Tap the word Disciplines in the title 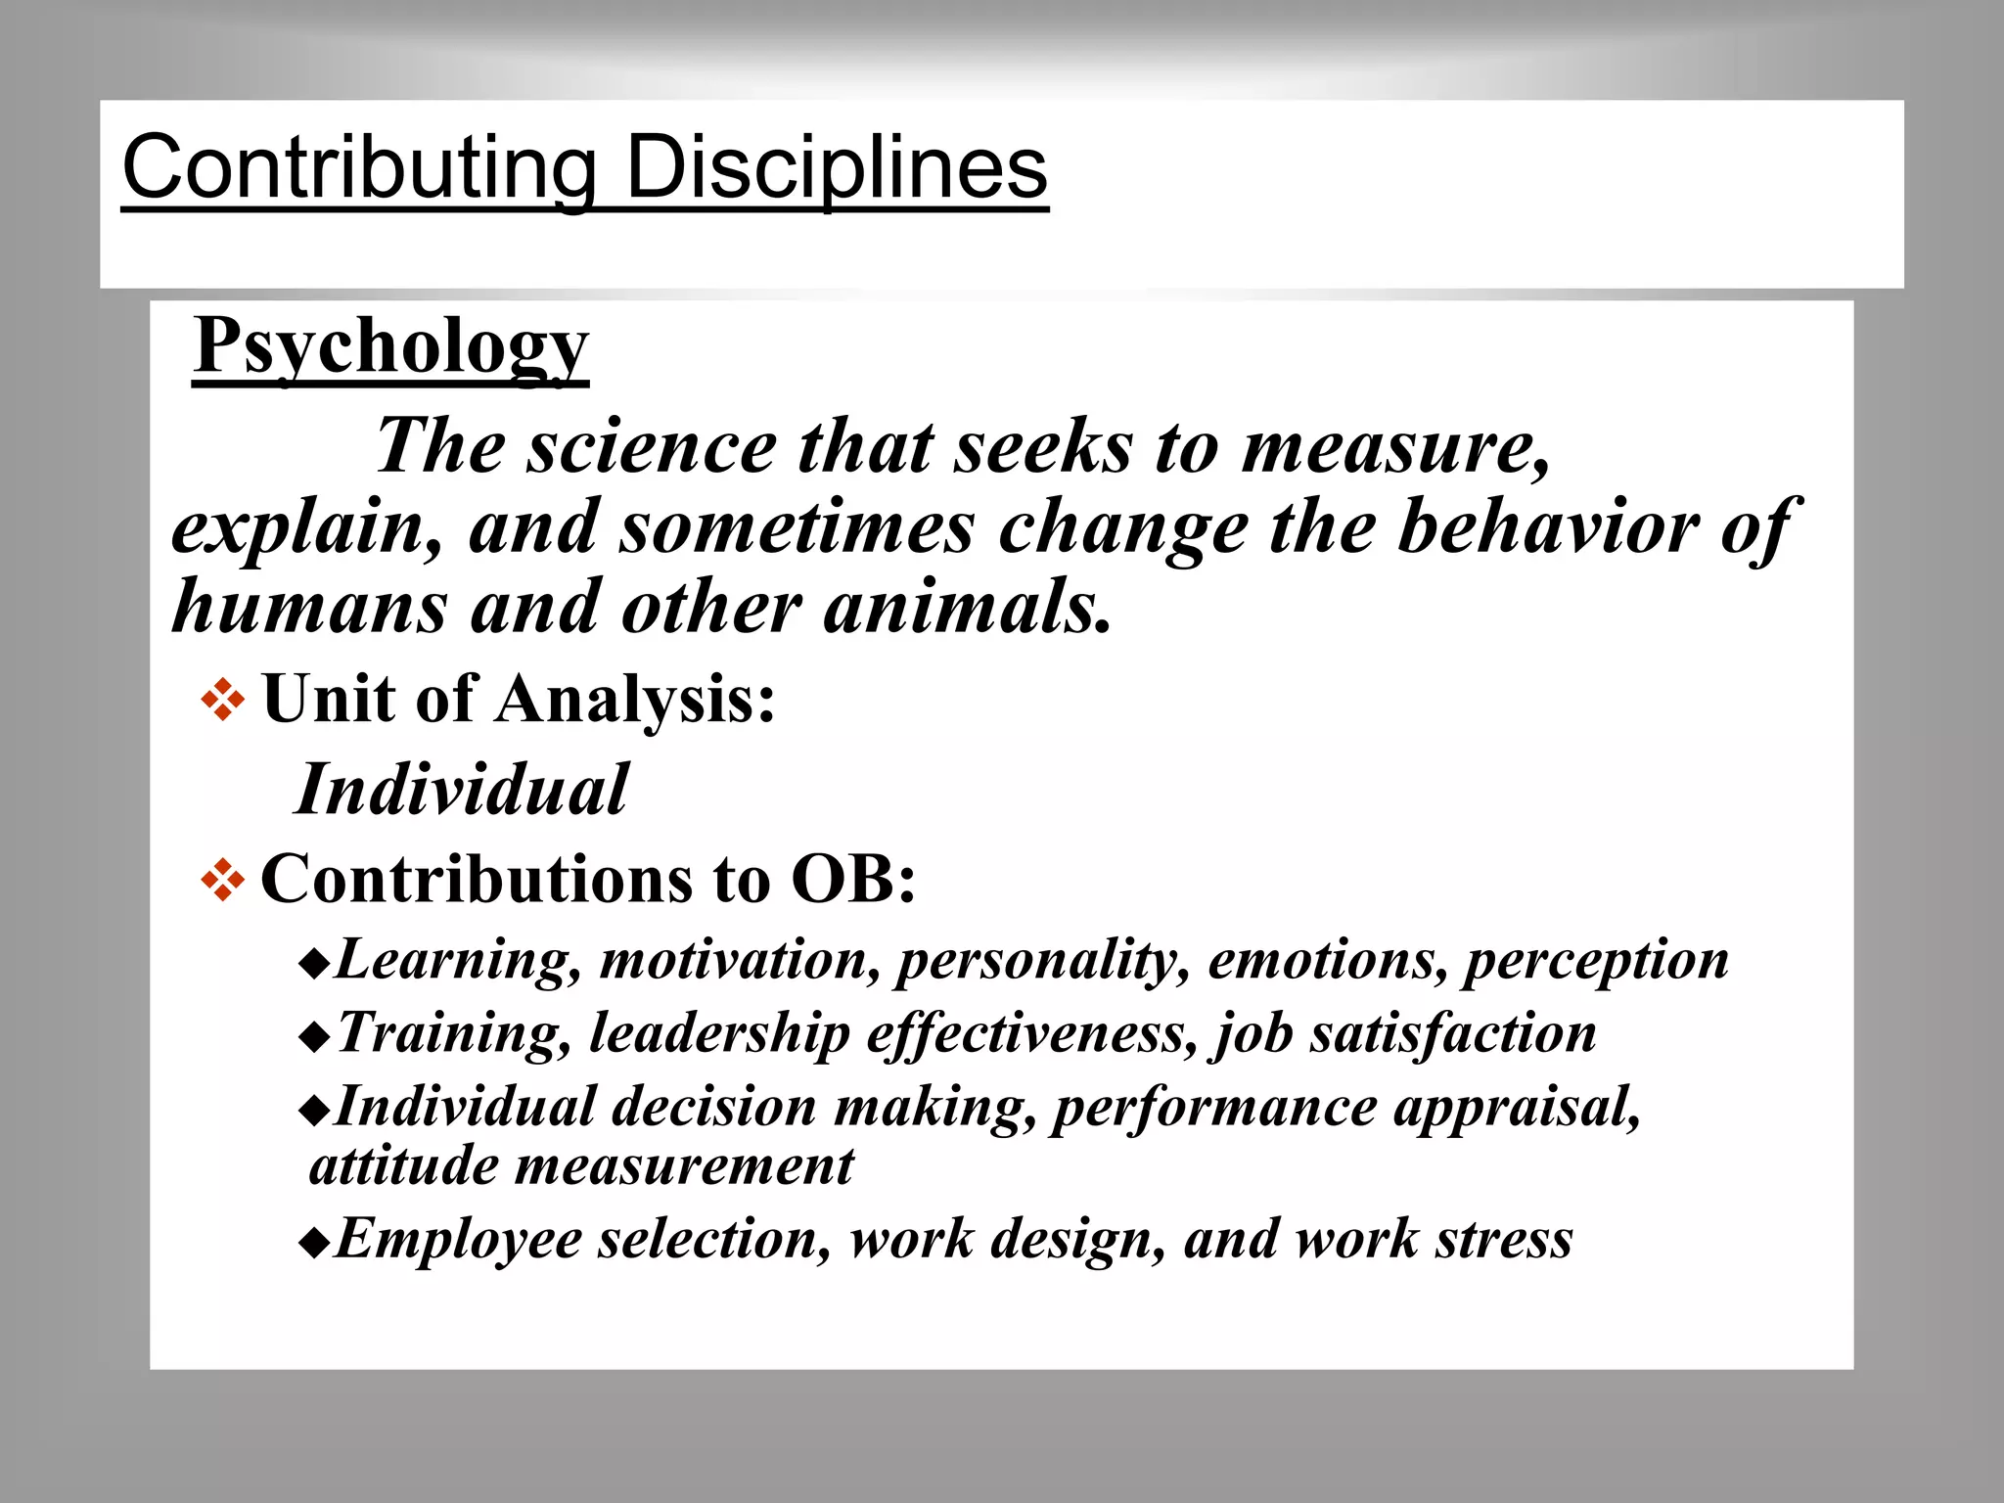pyautogui.click(x=837, y=168)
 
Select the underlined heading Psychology pyautogui.click(x=390, y=346)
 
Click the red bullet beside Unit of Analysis pyautogui.click(x=222, y=701)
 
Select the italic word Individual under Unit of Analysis pyautogui.click(x=461, y=790)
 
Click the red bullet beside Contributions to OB pyautogui.click(x=222, y=881)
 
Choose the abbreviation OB pyautogui.click(x=852, y=879)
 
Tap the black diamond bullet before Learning pyautogui.click(x=314, y=965)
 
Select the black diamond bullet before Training pyautogui.click(x=314, y=1038)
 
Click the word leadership pyautogui.click(x=719, y=1033)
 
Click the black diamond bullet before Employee pyautogui.click(x=314, y=1244)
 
